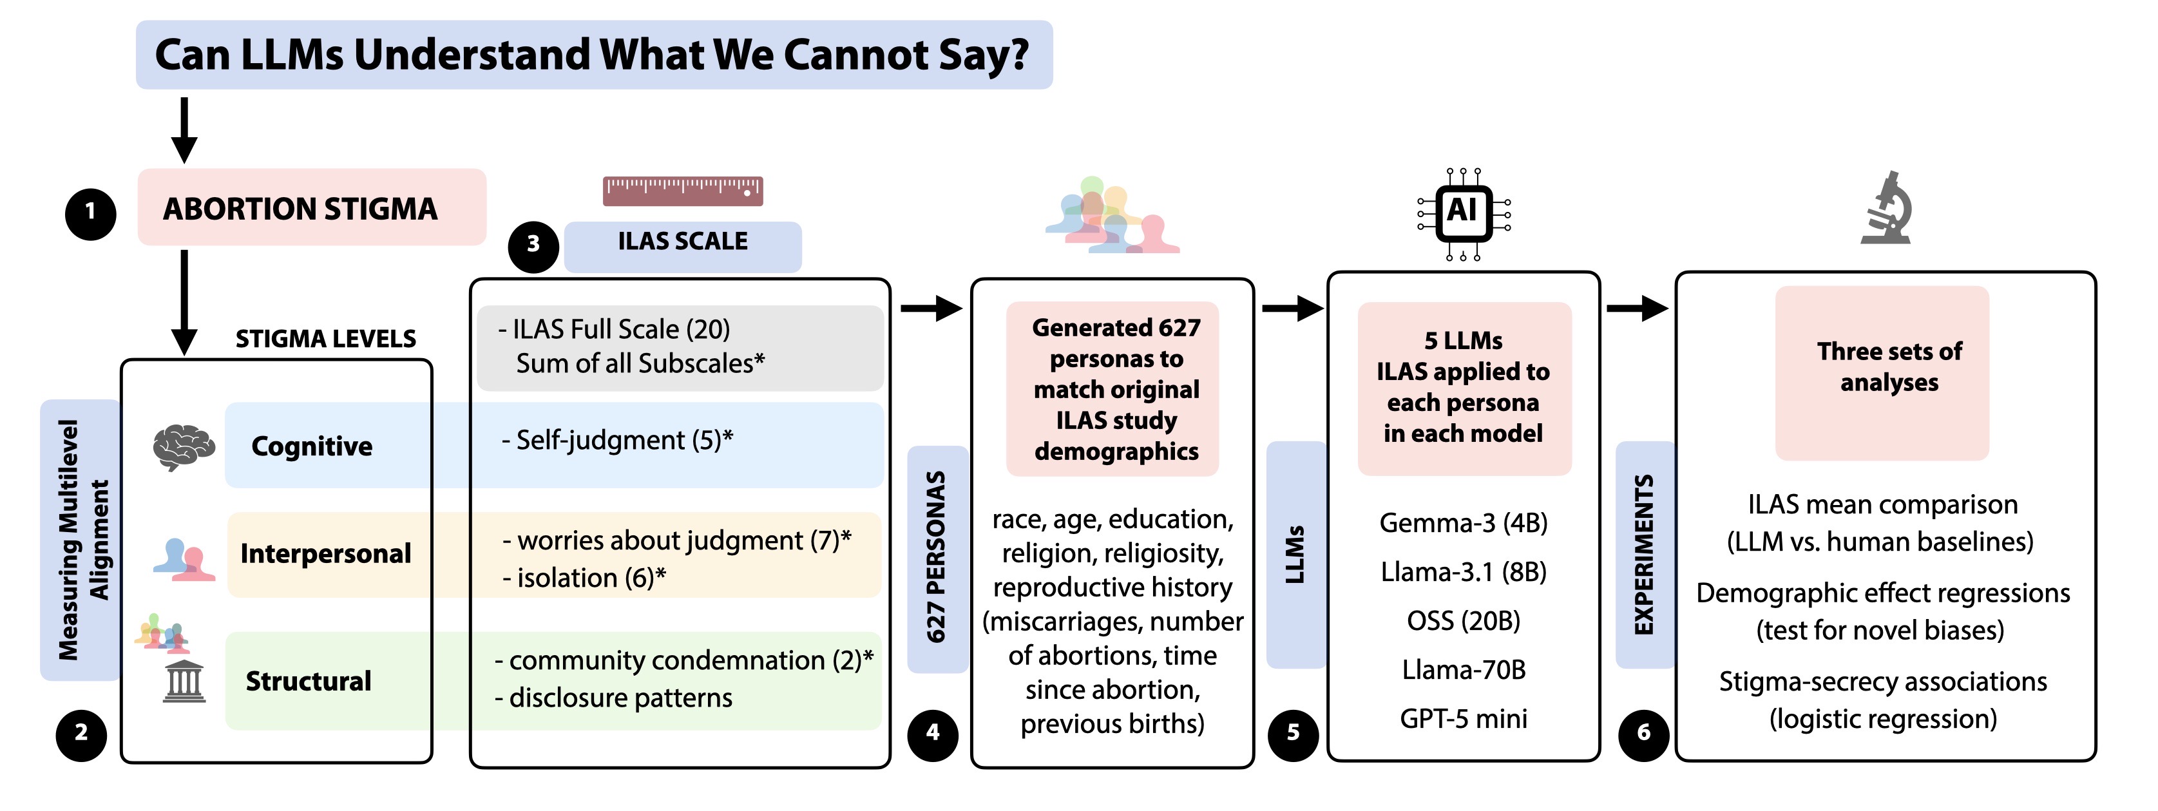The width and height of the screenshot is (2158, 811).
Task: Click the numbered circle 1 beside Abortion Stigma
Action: pyautogui.click(x=90, y=215)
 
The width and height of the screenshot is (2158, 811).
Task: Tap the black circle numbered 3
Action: pyautogui.click(x=533, y=246)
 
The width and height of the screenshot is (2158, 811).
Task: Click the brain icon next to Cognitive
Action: pyautogui.click(x=184, y=446)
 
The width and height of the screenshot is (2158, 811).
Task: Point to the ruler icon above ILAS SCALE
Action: pyautogui.click(x=683, y=191)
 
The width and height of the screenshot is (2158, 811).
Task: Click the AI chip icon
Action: pyautogui.click(x=1463, y=214)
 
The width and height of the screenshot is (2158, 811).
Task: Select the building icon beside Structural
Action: pyautogui.click(x=184, y=681)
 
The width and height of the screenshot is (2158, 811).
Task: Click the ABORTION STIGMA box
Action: pyautogui.click(x=312, y=208)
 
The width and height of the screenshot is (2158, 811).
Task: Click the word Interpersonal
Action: pyautogui.click(x=325, y=554)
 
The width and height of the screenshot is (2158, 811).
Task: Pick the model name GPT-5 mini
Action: pyautogui.click(x=1463, y=719)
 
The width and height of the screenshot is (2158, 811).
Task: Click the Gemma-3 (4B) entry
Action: pyautogui.click(x=1463, y=524)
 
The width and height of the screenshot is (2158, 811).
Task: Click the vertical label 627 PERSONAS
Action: pyautogui.click(x=937, y=558)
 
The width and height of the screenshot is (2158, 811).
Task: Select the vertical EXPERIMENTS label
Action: pyautogui.click(x=1644, y=555)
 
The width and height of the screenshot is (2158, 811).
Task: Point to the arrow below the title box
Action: pyautogui.click(x=184, y=130)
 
